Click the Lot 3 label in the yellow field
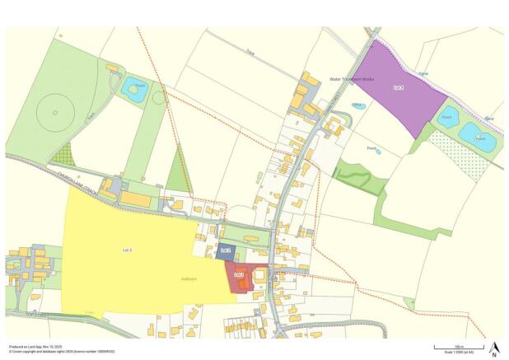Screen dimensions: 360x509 127,249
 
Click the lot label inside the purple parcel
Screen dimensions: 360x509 399,87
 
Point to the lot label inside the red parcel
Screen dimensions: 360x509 240,274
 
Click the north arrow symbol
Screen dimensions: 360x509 493,348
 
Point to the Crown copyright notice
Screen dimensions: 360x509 62,352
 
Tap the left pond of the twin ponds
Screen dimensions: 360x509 448,118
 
